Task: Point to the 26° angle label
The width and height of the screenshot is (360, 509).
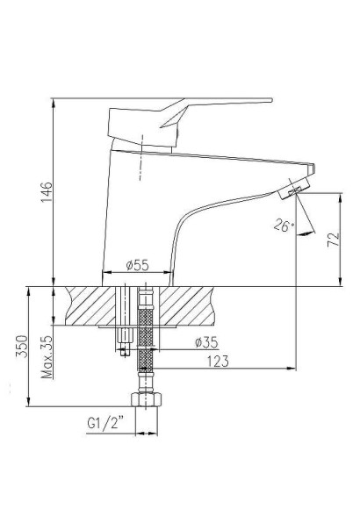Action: click(x=282, y=226)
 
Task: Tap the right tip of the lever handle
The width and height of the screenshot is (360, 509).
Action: click(x=268, y=100)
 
